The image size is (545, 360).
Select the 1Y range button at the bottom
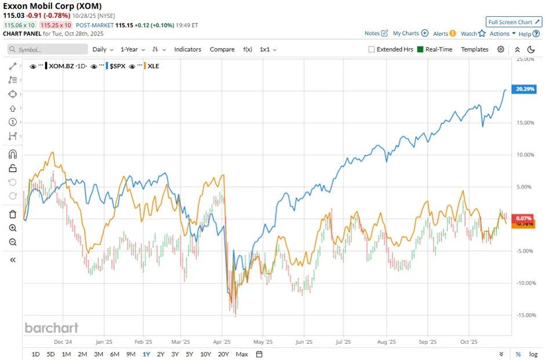click(x=146, y=354)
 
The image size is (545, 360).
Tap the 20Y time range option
click(x=223, y=354)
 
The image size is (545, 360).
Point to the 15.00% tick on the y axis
click(x=525, y=122)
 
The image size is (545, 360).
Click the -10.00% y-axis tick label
click(x=525, y=283)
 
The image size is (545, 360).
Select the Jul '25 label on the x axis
click(x=343, y=342)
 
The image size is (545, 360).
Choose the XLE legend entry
click(x=153, y=66)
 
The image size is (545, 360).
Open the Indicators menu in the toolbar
click(x=187, y=49)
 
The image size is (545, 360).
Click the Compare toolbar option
click(x=222, y=49)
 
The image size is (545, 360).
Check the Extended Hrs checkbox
click(x=372, y=49)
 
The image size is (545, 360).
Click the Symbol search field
click(x=48, y=49)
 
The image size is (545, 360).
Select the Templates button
click(x=474, y=49)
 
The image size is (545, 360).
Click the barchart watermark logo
click(x=51, y=328)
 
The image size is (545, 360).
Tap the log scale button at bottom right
click(x=533, y=354)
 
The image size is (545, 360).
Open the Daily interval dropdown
click(x=103, y=49)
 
